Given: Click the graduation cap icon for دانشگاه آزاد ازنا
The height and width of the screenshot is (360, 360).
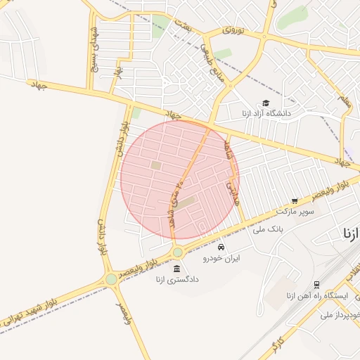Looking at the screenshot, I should (265, 103).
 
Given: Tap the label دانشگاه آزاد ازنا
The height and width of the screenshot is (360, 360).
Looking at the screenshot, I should (265, 113).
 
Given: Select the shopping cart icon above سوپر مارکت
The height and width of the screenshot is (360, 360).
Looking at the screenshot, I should (295, 200).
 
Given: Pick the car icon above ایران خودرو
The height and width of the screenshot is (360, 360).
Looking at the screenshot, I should (221, 247).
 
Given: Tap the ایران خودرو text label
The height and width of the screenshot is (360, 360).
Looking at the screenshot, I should (221, 258).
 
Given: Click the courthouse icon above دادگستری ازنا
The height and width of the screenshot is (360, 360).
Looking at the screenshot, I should (176, 269).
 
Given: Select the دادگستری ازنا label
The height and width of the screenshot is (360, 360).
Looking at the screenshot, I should (177, 279).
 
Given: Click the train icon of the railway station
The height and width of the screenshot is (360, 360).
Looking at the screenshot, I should (317, 285).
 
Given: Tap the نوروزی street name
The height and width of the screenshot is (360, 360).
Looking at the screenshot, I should (233, 30).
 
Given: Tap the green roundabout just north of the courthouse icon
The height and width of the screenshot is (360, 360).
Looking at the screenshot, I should (177, 252).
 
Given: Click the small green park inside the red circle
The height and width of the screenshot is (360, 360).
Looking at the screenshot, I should (155, 165).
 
